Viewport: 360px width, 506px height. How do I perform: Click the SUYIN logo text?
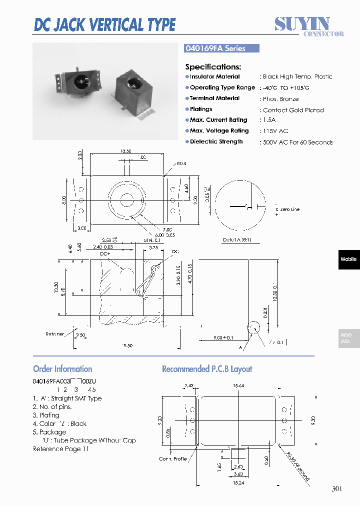click(x=302, y=23)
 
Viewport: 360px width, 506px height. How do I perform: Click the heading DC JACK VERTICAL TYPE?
click(x=104, y=24)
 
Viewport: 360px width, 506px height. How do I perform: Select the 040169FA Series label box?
click(x=222, y=48)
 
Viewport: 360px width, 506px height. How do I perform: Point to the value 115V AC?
click(x=275, y=131)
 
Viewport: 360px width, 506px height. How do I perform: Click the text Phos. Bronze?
click(x=280, y=99)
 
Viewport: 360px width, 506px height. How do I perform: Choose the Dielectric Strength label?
click(x=216, y=142)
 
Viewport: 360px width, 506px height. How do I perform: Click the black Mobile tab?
click(x=348, y=259)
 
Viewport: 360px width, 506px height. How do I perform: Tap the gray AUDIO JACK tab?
click(x=348, y=338)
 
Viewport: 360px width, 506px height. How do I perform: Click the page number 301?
click(x=337, y=489)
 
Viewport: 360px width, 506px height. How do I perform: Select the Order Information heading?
click(x=62, y=369)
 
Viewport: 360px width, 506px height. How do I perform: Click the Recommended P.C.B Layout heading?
click(x=207, y=369)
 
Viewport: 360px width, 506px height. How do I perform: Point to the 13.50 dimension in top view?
click(x=125, y=150)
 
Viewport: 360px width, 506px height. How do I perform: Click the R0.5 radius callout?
click(x=180, y=163)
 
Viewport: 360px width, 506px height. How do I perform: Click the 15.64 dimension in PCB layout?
click(x=238, y=385)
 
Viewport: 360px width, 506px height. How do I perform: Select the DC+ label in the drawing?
click(x=104, y=253)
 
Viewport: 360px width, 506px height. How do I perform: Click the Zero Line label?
click(x=290, y=209)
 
